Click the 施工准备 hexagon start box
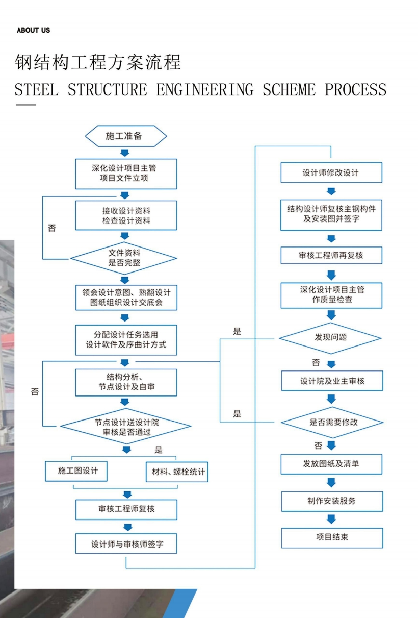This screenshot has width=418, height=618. [x=126, y=136]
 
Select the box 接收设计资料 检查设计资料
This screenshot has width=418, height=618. [x=126, y=215]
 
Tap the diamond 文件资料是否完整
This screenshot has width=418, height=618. [x=124, y=258]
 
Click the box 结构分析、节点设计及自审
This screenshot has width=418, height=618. [x=126, y=382]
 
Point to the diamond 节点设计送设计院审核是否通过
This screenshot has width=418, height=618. [x=126, y=427]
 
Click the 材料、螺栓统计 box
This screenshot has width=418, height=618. [x=176, y=472]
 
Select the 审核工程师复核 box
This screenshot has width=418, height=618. [x=126, y=509]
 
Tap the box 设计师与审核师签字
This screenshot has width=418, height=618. [x=126, y=544]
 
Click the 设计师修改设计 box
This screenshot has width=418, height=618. [x=331, y=172]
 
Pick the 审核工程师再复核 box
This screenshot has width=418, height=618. [x=331, y=255]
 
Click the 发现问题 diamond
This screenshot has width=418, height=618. [x=331, y=337]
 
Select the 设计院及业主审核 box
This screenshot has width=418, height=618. [x=332, y=381]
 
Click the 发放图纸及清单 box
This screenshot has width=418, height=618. [x=332, y=464]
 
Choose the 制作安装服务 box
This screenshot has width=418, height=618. [x=332, y=501]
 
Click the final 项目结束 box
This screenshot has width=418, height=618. [x=332, y=537]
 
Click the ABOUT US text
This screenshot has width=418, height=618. [x=33, y=30]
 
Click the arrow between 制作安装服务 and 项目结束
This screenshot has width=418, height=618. [x=332, y=519]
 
